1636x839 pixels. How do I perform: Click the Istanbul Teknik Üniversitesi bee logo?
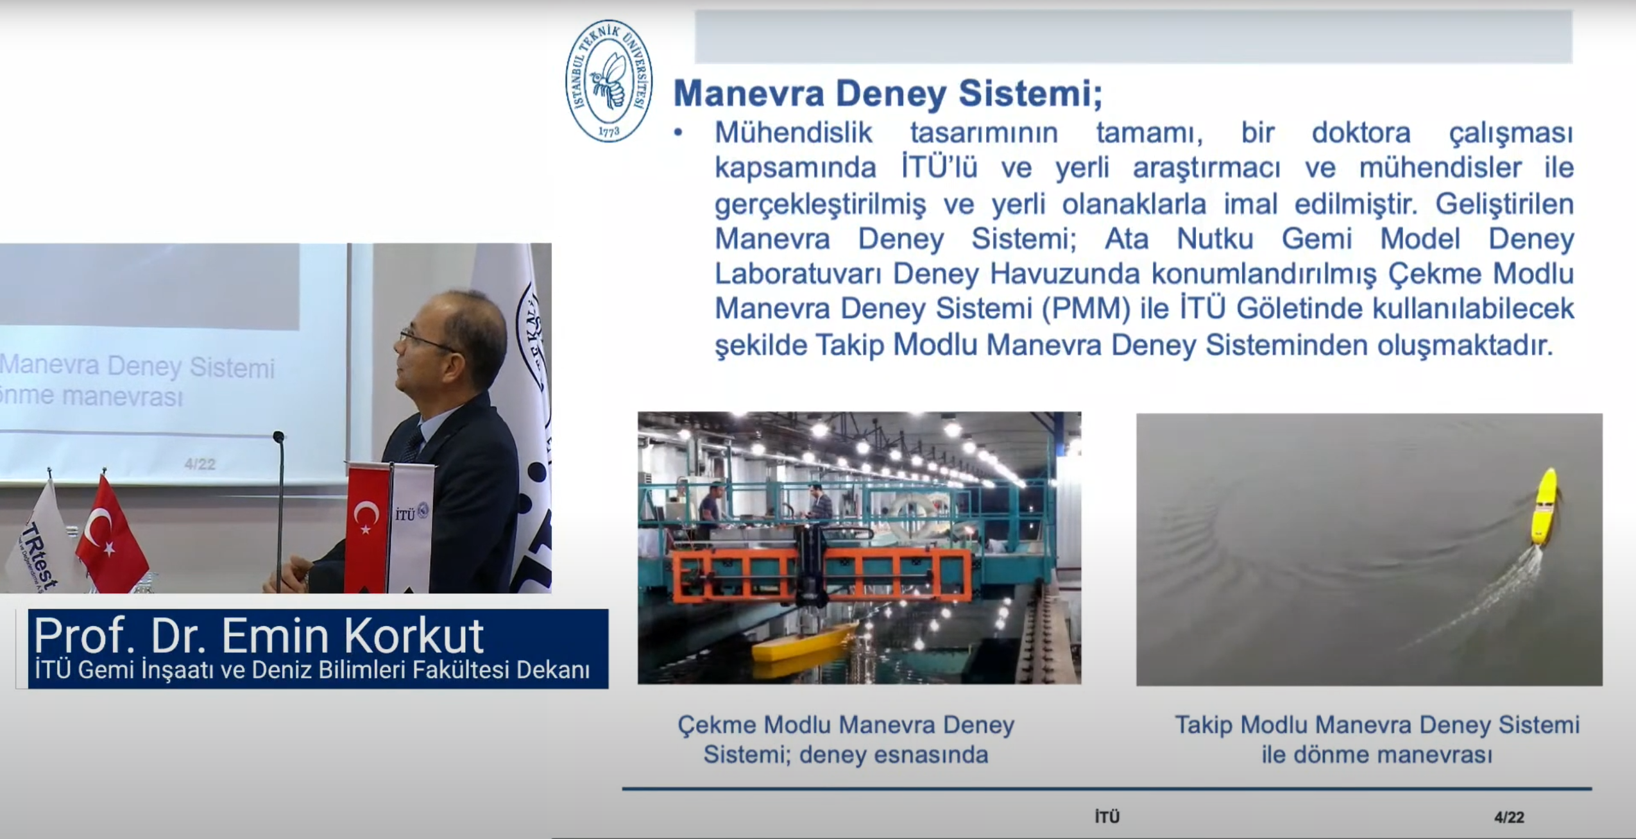click(x=609, y=80)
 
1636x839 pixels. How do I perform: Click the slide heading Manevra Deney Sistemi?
click(x=887, y=94)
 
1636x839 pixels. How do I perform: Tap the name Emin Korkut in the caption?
click(x=352, y=636)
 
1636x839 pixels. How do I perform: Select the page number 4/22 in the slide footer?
click(x=1509, y=817)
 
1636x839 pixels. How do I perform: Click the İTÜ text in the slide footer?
click(x=1107, y=817)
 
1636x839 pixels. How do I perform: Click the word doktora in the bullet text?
click(x=1361, y=133)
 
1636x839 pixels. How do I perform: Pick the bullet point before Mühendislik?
click(x=677, y=133)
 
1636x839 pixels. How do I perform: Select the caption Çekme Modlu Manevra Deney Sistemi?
click(x=846, y=740)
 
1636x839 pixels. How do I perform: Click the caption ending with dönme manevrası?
click(x=1377, y=740)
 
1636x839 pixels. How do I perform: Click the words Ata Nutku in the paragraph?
click(x=1179, y=239)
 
